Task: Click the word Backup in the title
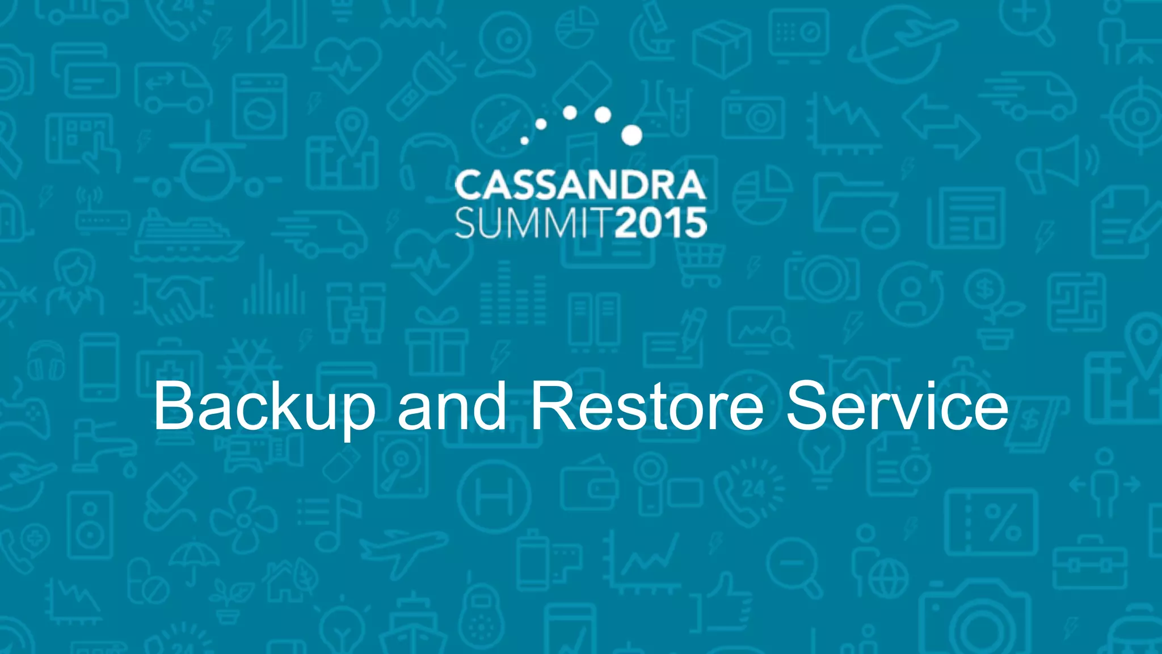[x=264, y=406]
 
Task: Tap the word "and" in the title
[x=452, y=406]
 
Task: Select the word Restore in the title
[x=646, y=406]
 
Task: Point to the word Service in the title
[x=897, y=406]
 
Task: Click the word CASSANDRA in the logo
[x=580, y=186]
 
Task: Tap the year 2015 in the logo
[x=660, y=223]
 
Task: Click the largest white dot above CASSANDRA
[x=631, y=135]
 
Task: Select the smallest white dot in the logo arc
[x=524, y=140]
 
